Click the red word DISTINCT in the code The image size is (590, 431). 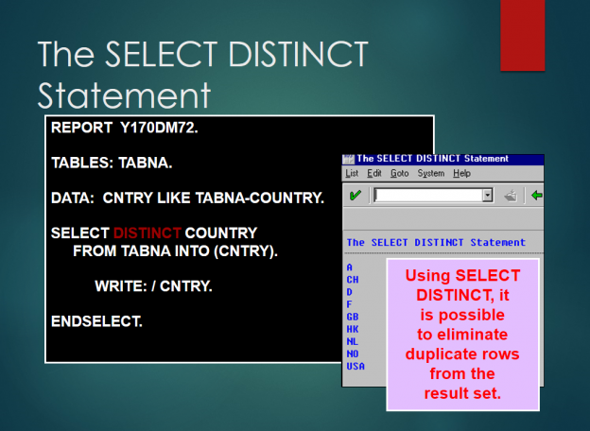click(147, 233)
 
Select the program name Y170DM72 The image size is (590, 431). click(159, 128)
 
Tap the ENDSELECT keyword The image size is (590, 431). click(96, 321)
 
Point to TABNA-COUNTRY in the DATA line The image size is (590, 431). click(260, 198)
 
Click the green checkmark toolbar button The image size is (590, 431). click(355, 196)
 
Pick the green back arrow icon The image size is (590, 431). click(536, 196)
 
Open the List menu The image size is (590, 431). click(352, 173)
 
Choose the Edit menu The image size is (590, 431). click(374, 173)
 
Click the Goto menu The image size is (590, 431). click(400, 173)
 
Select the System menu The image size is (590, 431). click(431, 173)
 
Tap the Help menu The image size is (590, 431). click(461, 173)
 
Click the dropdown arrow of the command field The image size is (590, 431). click(488, 196)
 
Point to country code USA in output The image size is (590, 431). click(356, 367)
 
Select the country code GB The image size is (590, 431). click(353, 317)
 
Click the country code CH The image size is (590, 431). click(353, 280)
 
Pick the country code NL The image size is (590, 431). click(353, 341)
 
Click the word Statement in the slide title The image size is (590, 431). click(124, 95)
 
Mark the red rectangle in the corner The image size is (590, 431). click(523, 35)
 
